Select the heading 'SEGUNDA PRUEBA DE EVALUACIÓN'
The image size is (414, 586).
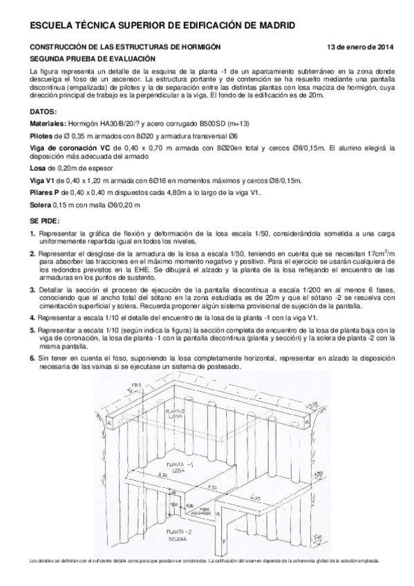[x=81, y=59]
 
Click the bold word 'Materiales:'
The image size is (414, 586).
[x=48, y=122]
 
